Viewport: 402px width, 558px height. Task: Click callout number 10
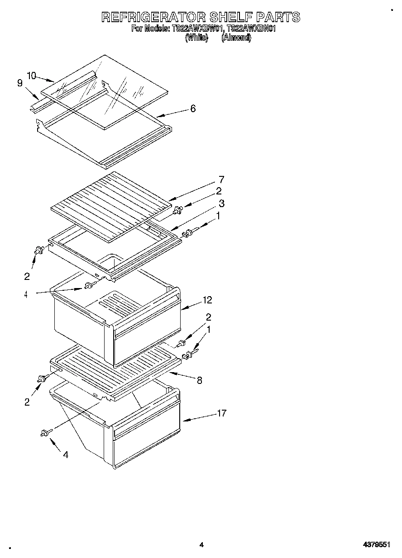(31, 76)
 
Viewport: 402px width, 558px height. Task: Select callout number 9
(20, 83)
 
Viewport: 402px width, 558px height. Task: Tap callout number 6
(193, 109)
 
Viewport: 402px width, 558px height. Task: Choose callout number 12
(207, 300)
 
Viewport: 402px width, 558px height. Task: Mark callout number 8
(199, 380)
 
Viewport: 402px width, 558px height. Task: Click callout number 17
(221, 413)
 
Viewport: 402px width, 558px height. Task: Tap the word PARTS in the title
(278, 17)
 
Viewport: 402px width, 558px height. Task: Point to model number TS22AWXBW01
(197, 29)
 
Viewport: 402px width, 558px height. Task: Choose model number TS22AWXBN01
(251, 29)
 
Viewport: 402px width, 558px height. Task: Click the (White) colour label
(196, 38)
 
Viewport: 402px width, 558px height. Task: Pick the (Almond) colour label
(236, 38)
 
